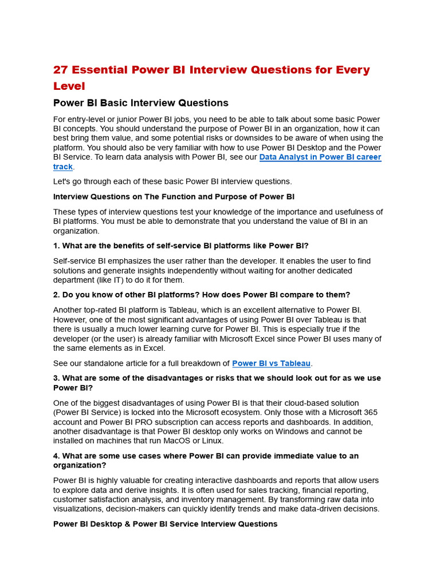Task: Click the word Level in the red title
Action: coord(69,86)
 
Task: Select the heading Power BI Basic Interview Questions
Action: coord(140,103)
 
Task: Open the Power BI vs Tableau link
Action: coord(271,363)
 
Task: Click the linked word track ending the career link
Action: coord(63,167)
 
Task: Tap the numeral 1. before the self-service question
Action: coord(57,246)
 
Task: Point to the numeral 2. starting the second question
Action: coord(57,295)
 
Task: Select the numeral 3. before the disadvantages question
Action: coord(57,378)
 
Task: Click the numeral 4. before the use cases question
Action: coord(57,456)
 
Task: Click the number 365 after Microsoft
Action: coord(370,413)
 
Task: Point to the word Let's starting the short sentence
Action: coord(63,181)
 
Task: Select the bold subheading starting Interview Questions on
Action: coord(174,197)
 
